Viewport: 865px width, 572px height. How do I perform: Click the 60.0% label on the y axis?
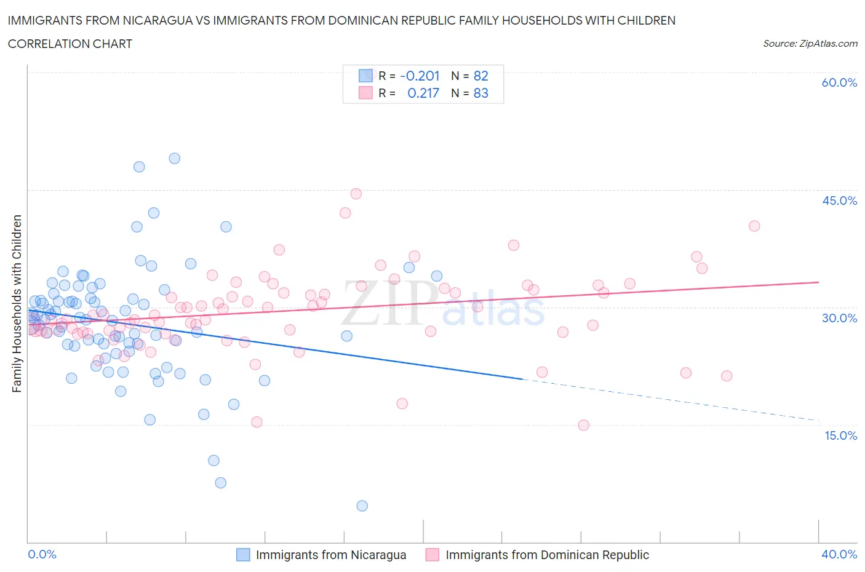point(839,82)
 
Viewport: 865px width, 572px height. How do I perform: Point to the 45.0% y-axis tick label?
point(839,201)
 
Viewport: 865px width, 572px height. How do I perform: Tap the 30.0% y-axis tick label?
point(839,318)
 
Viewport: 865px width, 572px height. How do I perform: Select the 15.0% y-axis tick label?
point(839,435)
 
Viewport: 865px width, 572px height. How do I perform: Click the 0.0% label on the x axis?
point(42,554)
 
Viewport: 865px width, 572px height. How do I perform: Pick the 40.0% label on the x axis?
point(839,554)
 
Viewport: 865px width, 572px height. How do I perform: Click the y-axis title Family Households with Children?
point(17,303)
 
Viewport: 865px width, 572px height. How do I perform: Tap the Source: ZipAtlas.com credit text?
point(810,44)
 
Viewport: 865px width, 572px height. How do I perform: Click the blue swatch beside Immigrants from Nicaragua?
point(244,555)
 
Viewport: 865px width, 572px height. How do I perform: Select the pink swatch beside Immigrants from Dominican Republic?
point(432,555)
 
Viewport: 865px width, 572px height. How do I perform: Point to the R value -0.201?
point(420,76)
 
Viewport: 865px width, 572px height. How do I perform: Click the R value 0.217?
point(423,93)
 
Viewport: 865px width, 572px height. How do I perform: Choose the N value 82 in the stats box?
point(480,76)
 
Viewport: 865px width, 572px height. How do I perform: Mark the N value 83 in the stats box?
point(480,93)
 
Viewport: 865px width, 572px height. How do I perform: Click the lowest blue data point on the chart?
point(362,506)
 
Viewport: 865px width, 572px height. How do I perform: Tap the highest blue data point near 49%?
point(175,158)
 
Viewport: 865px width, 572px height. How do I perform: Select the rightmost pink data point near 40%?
point(754,226)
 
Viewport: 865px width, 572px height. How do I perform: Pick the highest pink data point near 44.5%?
point(356,194)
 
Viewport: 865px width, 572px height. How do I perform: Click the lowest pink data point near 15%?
point(584,425)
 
